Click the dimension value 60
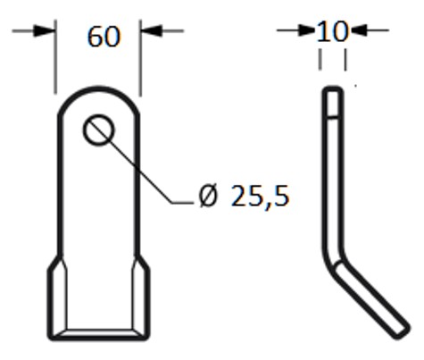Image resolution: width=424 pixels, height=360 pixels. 103,37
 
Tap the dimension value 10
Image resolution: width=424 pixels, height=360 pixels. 332,31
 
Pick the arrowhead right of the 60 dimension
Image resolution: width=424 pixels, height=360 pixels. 150,30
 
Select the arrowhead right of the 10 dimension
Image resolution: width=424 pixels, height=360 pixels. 356,31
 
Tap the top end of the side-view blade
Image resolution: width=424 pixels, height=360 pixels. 331,88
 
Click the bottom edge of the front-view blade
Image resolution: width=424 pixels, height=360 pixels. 98,338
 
